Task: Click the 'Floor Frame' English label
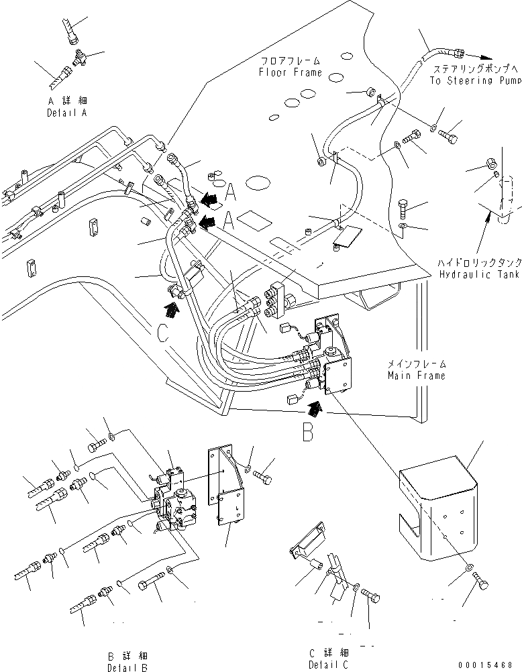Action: click(x=291, y=72)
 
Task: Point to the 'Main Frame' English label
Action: click(x=416, y=376)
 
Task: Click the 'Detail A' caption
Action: click(x=67, y=113)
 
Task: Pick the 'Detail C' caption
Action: click(x=329, y=664)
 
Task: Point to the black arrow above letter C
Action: click(x=172, y=309)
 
